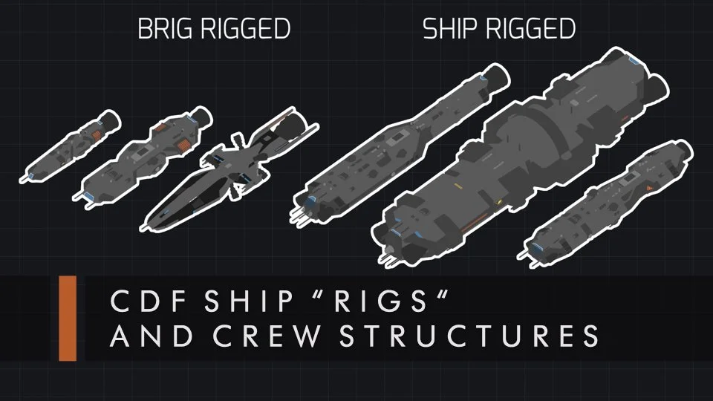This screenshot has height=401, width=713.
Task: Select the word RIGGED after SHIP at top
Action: (x=529, y=30)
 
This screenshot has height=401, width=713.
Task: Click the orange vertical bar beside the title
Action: (x=68, y=318)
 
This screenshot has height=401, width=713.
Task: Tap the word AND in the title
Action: (x=146, y=337)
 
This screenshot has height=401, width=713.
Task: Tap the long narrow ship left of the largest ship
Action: (x=394, y=149)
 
